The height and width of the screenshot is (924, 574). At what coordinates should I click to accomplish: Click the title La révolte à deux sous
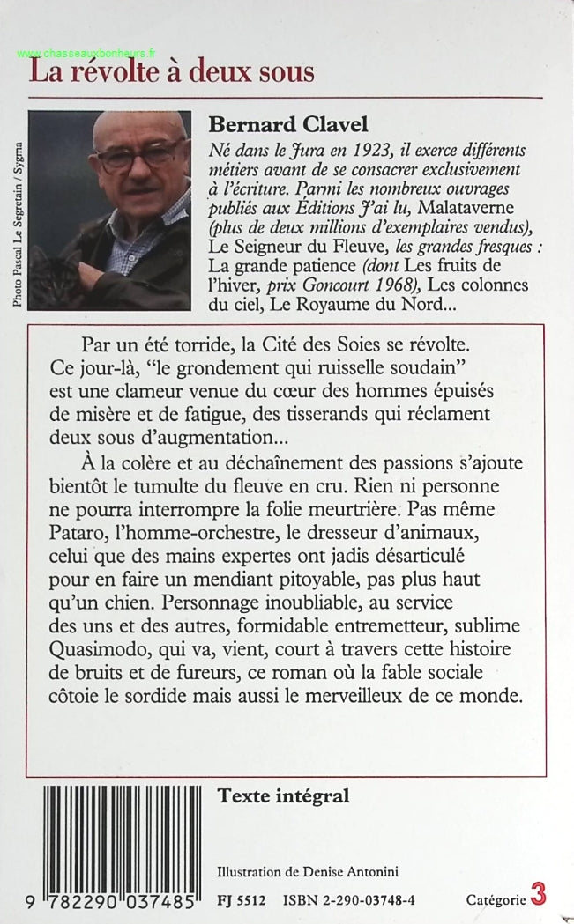(x=172, y=70)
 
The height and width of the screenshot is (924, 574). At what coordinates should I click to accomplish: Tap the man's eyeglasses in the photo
(x=140, y=157)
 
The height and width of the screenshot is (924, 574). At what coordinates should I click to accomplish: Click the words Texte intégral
(x=283, y=796)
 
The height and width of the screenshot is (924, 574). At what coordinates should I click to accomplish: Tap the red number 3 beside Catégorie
(x=538, y=895)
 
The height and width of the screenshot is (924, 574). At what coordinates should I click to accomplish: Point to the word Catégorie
(x=496, y=899)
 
